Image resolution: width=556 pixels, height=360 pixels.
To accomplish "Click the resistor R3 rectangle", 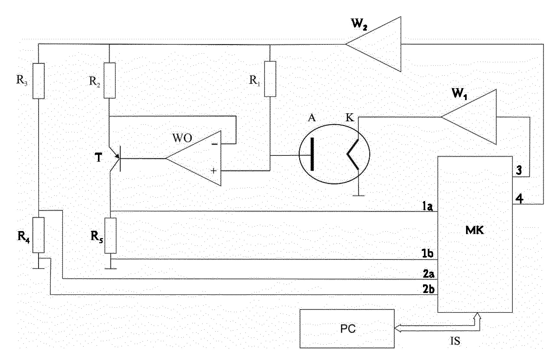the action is point(38,80).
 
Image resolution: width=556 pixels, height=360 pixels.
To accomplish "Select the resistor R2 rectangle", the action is point(109,80).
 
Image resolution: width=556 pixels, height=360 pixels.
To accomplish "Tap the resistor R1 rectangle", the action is point(270,79).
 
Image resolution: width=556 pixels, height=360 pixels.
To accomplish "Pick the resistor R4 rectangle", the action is point(38,235).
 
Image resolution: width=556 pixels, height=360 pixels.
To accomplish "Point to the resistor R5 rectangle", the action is point(110,236).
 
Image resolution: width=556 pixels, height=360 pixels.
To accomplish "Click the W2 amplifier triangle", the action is point(373,44).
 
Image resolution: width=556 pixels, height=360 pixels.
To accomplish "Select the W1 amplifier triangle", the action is point(469,117).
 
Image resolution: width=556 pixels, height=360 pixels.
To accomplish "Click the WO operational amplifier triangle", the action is point(193,158).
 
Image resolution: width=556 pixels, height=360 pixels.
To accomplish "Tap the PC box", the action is point(347,328).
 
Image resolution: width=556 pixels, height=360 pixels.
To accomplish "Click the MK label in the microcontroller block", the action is point(475,230).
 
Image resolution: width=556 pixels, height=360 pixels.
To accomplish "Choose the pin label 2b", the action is point(428,289).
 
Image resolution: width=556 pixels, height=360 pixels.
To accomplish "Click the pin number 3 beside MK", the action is point(519,170).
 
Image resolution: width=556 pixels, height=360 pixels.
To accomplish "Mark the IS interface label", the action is point(455,341).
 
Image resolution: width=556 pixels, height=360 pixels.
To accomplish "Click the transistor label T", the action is point(99,158).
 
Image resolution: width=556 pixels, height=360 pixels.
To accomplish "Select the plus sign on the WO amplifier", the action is point(214,171).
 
